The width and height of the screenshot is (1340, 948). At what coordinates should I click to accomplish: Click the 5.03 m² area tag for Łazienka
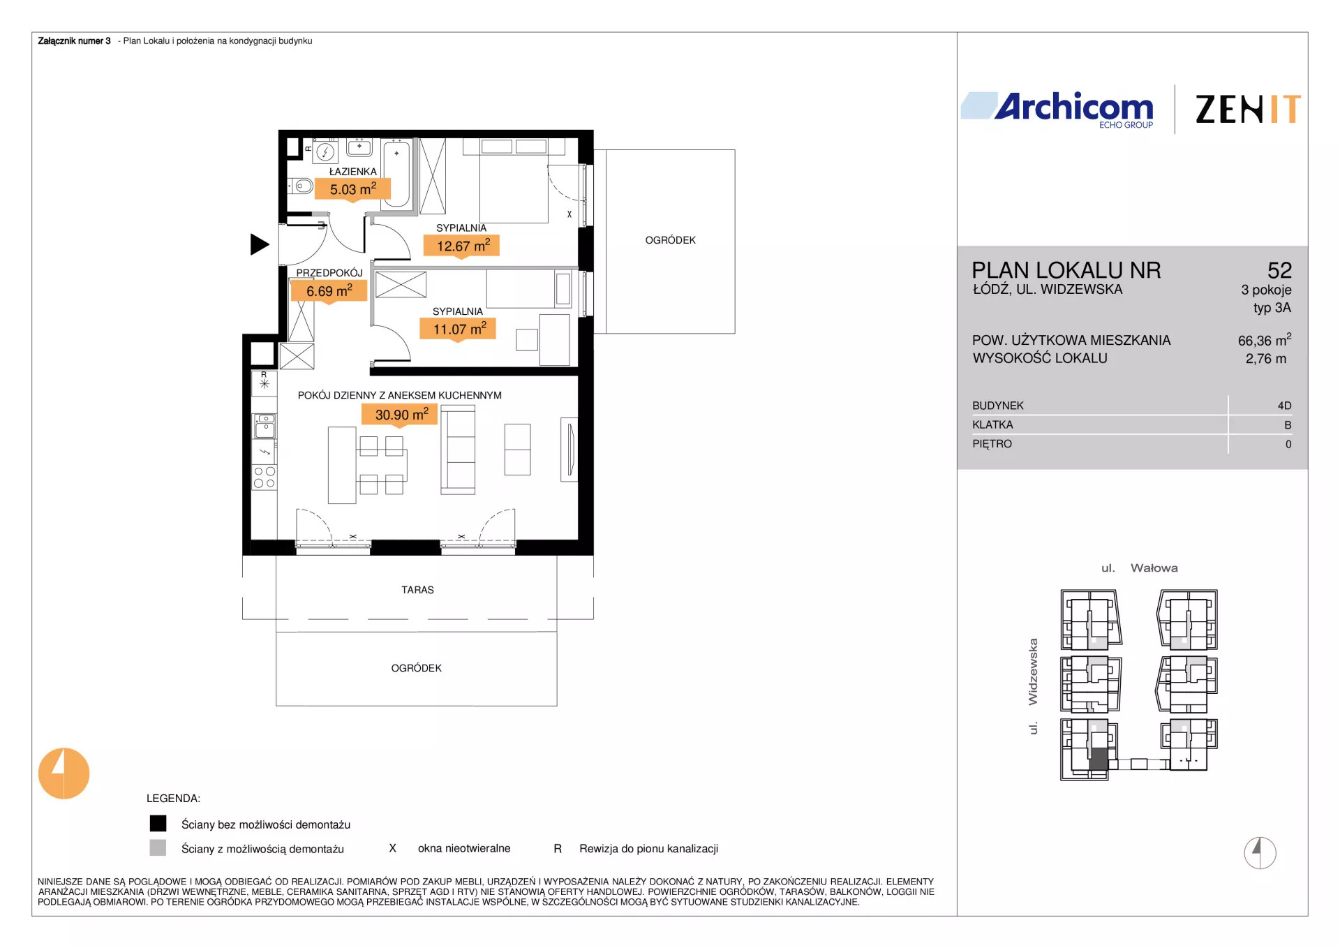[352, 189]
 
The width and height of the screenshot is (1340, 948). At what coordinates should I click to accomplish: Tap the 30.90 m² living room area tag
[400, 415]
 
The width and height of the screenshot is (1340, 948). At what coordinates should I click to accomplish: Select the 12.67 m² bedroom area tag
[462, 246]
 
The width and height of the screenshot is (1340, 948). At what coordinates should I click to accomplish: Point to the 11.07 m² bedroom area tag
[458, 329]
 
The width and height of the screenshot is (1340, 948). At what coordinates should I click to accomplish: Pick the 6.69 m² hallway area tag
[329, 291]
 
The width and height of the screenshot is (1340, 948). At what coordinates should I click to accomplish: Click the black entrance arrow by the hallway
[260, 244]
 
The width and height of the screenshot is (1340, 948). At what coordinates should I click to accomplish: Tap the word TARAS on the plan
[417, 590]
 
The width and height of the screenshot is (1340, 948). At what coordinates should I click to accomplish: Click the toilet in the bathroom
[301, 186]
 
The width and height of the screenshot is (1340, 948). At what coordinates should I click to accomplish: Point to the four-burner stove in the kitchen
[265, 477]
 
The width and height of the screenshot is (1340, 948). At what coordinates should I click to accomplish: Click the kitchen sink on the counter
[265, 426]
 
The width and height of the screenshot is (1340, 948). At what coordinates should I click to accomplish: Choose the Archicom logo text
[1073, 107]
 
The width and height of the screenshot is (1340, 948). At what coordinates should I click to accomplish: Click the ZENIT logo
[1248, 110]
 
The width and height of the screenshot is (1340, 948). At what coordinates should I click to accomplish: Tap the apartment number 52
[1279, 270]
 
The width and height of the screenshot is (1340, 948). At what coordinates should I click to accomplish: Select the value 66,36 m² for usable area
[1265, 340]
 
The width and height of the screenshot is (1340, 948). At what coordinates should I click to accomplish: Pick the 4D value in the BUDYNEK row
[1284, 406]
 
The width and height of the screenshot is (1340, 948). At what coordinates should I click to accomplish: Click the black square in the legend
[158, 824]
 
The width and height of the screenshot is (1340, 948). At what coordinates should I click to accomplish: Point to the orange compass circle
[64, 773]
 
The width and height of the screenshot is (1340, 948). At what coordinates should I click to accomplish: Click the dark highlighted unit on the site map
[1099, 759]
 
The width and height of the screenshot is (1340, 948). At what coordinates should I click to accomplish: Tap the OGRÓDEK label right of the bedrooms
[670, 240]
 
